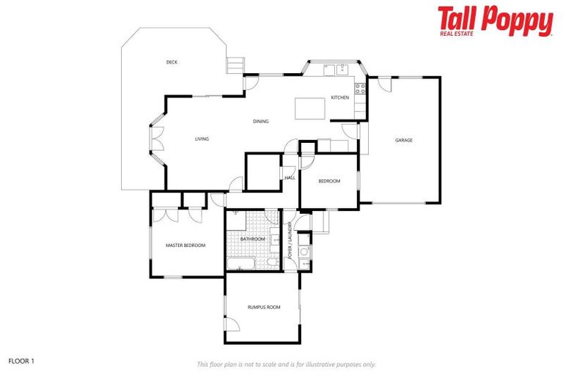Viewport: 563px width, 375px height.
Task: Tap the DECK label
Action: coord(172,62)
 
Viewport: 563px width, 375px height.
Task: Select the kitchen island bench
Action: coord(309,108)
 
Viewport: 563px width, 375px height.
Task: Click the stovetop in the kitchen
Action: coord(360,89)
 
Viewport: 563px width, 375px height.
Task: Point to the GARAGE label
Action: coord(404,140)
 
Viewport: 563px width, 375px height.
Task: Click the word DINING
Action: coord(260,122)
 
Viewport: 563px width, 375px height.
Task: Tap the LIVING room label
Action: coord(202,138)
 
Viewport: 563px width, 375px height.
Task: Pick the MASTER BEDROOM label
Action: coord(185,245)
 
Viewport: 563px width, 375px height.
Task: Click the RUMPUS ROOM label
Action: coord(263,308)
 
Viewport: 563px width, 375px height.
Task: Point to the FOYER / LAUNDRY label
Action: coord(291,242)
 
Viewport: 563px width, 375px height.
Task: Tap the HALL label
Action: coord(290,178)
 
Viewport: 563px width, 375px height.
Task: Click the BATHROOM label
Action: coord(252,239)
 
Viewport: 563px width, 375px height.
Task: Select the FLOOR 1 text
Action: coord(21,361)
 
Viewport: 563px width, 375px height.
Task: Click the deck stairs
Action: coord(235,65)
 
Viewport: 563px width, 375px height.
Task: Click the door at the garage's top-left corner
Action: coord(385,84)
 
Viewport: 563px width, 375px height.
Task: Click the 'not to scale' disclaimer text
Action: coord(286,364)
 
